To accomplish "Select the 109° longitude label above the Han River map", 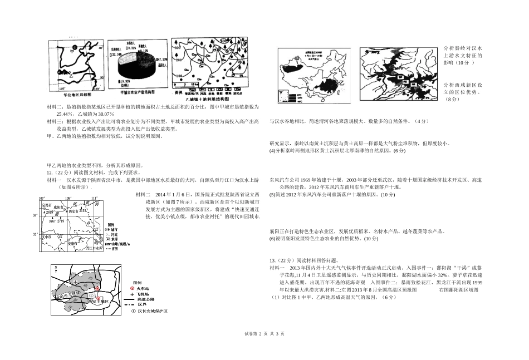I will [x=68, y=198].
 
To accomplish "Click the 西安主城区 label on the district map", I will [x=98, y=301].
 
